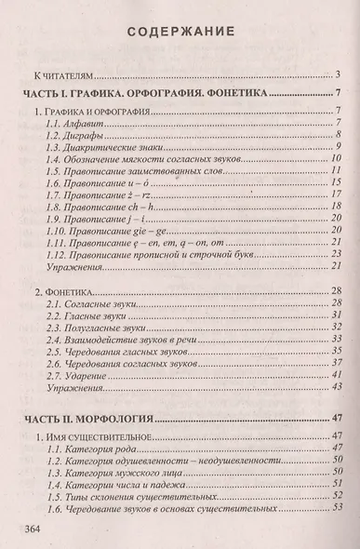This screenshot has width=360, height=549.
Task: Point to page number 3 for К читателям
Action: coord(341,74)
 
